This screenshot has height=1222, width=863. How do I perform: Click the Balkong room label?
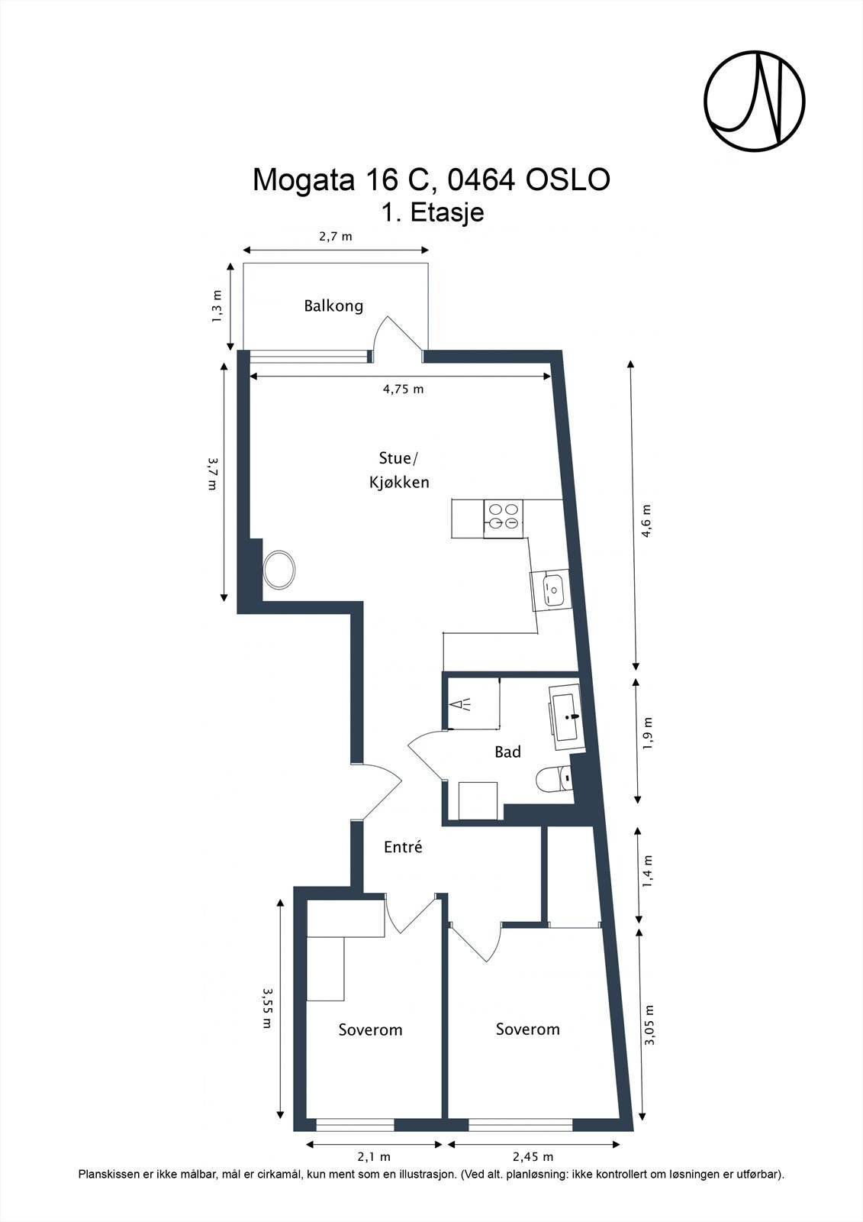(333, 305)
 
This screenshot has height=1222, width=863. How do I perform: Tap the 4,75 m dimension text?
(403, 389)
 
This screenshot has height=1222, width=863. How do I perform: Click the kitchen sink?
(551, 589)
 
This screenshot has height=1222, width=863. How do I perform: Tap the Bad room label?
(507, 752)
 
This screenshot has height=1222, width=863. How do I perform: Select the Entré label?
(403, 847)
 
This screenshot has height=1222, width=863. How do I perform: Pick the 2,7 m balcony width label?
(335, 236)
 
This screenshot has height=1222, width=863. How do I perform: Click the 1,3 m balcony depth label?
(217, 306)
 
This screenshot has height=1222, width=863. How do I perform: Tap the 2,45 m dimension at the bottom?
(533, 1141)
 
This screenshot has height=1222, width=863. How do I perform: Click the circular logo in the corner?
(755, 102)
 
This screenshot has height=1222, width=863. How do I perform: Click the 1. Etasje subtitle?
(433, 212)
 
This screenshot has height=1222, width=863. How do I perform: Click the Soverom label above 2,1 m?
(370, 1030)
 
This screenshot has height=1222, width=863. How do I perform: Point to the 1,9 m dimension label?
(647, 734)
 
